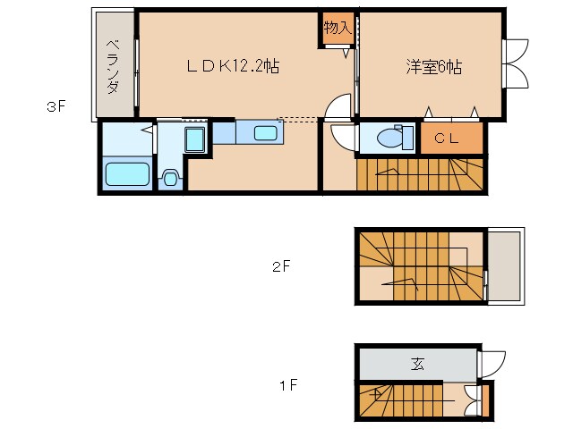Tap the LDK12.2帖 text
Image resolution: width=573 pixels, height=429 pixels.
pyautogui.click(x=231, y=66)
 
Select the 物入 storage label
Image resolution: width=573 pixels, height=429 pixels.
pyautogui.click(x=337, y=29)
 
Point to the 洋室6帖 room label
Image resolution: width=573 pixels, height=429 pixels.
pyautogui.click(x=433, y=67)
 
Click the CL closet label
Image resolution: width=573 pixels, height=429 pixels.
pyautogui.click(x=447, y=139)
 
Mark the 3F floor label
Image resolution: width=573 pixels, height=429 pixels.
pyautogui.click(x=56, y=108)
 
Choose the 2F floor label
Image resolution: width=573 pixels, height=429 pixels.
pyautogui.click(x=282, y=265)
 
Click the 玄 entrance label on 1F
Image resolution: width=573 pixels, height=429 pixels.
pyautogui.click(x=417, y=364)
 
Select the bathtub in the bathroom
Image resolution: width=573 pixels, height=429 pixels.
pyautogui.click(x=126, y=173)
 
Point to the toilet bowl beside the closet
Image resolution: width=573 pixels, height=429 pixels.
pyautogui.click(x=390, y=139)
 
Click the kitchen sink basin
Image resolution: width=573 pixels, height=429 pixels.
pyautogui.click(x=266, y=133)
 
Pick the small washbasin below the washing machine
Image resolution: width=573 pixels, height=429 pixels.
pyautogui.click(x=171, y=177)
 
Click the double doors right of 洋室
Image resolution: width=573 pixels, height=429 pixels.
pyautogui.click(x=516, y=63)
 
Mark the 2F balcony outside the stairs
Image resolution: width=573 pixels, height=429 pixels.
pyautogui.click(x=504, y=266)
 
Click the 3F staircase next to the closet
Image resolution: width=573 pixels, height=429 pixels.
pyautogui.click(x=421, y=173)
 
